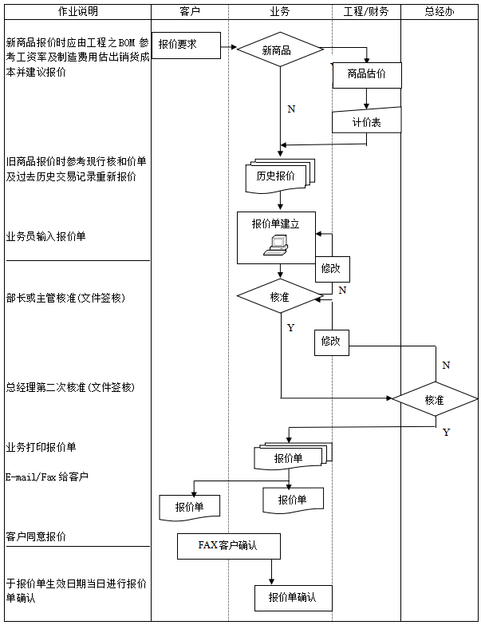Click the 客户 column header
coord(190,12)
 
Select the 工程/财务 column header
coord(365,12)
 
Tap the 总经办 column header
coord(440,12)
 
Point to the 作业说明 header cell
coord(77,12)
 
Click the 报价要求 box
coord(186,45)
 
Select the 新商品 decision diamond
coord(279,49)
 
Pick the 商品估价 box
coord(367,74)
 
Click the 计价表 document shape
coord(366,121)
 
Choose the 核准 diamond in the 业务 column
coord(279,296)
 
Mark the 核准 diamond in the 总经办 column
coord(435,399)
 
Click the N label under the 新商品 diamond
coord(291,109)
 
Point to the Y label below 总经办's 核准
coord(446,433)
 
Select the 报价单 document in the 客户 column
coord(189,507)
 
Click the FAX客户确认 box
coord(229,546)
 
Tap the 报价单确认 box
coord(293,597)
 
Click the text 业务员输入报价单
coord(45,237)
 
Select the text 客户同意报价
coord(36,536)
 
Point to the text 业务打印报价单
coord(41,447)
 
